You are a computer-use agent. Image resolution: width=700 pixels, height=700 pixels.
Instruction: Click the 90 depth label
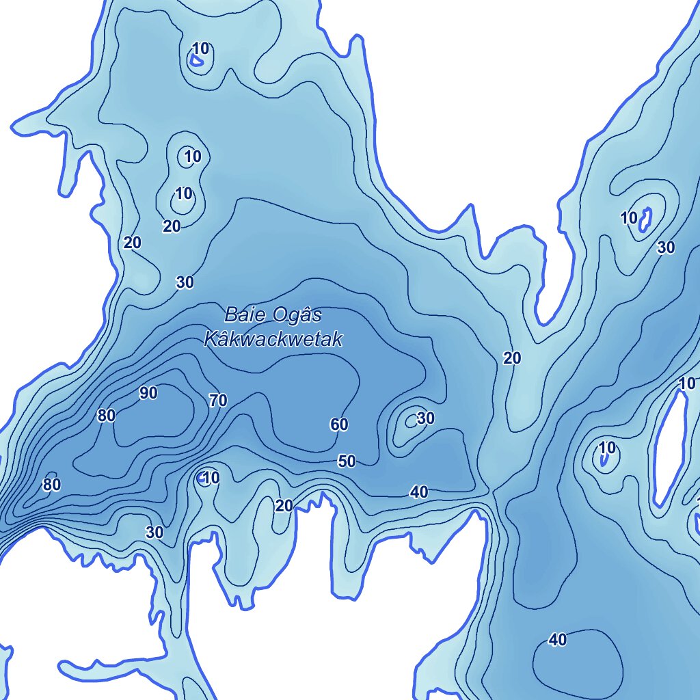pyautogui.click(x=148, y=393)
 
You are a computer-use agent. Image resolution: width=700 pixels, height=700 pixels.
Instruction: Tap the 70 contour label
pyautogui.click(x=218, y=401)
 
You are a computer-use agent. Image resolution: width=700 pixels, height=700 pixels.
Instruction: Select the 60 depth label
pyautogui.click(x=339, y=425)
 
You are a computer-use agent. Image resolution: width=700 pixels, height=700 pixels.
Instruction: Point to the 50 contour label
pyautogui.click(x=347, y=461)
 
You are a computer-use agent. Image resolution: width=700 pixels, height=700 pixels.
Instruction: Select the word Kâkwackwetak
pyautogui.click(x=273, y=339)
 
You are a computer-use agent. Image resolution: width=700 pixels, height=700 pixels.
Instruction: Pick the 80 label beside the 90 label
pyautogui.click(x=106, y=416)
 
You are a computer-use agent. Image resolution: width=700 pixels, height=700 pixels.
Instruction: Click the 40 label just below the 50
pyautogui.click(x=419, y=492)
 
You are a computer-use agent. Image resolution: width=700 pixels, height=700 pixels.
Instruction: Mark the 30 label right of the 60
pyautogui.click(x=425, y=418)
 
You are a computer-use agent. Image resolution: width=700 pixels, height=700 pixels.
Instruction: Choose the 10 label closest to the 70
pyautogui.click(x=211, y=478)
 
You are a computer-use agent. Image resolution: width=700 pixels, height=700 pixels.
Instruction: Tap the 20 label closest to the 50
pyautogui.click(x=284, y=506)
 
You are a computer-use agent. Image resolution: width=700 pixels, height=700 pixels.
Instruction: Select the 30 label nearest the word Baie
pyautogui.click(x=185, y=282)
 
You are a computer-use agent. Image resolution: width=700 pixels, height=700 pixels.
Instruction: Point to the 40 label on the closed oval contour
pyautogui.click(x=558, y=640)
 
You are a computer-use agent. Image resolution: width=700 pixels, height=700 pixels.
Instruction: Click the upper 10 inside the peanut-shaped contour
pyautogui.click(x=193, y=157)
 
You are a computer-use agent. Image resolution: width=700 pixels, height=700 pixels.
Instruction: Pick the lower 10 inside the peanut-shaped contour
pyautogui.click(x=183, y=193)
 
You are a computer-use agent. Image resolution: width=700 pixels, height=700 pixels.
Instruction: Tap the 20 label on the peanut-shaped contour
pyautogui.click(x=172, y=226)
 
